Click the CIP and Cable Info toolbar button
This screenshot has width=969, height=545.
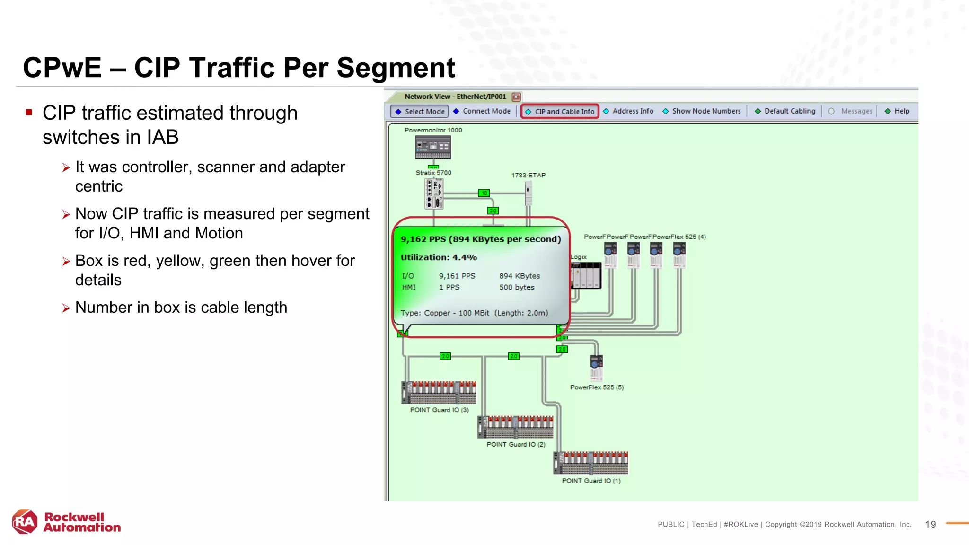coord(560,112)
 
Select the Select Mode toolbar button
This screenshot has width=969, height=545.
coord(419,112)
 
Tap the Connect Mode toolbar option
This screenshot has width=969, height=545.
coord(482,111)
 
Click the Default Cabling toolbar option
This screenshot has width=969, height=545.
coord(785,111)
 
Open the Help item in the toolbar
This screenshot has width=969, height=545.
coord(897,111)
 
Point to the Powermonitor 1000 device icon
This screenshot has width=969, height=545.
coord(433,147)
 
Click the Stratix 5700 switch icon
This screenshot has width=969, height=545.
coord(434,193)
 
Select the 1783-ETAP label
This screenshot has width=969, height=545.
coord(529,175)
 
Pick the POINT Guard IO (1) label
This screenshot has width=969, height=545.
coord(591,481)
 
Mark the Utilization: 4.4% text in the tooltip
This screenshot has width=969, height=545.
coord(439,257)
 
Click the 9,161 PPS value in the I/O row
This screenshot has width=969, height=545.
coord(457,276)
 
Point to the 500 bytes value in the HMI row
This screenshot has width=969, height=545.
coord(517,287)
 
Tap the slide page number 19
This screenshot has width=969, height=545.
coord(930,525)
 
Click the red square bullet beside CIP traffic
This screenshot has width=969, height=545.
coord(29,113)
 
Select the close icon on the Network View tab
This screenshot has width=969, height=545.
coord(516,97)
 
